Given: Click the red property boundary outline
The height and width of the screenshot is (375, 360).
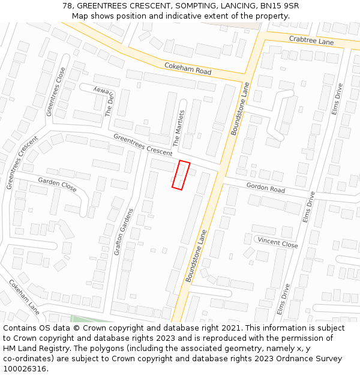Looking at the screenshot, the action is point(181,175).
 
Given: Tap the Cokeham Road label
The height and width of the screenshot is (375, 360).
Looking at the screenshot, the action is point(188,68).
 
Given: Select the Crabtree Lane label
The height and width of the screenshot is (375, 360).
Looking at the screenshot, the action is point(311,40).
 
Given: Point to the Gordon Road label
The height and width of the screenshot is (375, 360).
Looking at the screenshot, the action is point(265,188).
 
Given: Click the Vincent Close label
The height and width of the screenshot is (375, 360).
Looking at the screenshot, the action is point(277,243).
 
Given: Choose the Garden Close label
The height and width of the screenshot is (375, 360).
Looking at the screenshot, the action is point(57,184).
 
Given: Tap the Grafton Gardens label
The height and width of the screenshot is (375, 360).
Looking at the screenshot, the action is point(122,232).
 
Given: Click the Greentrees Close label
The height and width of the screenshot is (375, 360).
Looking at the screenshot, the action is point(56,91).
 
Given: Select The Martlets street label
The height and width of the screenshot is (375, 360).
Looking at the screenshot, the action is point(178,128).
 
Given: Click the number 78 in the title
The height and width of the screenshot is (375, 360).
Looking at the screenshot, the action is point(67,6).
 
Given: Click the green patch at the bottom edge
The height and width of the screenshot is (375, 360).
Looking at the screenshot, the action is point(90,319).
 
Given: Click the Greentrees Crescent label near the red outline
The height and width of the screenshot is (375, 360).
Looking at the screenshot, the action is point(143,145).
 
